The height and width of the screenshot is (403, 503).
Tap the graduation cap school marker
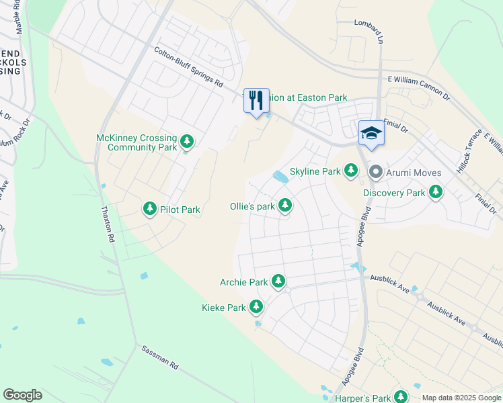(x=370, y=133)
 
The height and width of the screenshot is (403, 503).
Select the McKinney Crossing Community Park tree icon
(x=187, y=142)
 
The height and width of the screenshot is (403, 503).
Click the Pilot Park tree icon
(x=150, y=210)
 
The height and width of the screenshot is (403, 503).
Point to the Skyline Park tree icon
(x=350, y=171)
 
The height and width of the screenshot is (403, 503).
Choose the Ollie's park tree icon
(x=285, y=206)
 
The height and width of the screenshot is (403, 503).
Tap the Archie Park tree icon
(x=278, y=282)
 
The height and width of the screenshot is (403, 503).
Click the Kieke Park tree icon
(x=256, y=308)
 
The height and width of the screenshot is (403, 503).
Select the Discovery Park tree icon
(x=436, y=193)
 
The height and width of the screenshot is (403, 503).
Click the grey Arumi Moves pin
(x=376, y=173)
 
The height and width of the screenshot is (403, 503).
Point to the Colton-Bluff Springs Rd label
(x=188, y=68)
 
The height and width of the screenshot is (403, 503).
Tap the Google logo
(x=22, y=395)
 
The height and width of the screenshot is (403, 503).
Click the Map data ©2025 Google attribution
(x=461, y=398)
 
